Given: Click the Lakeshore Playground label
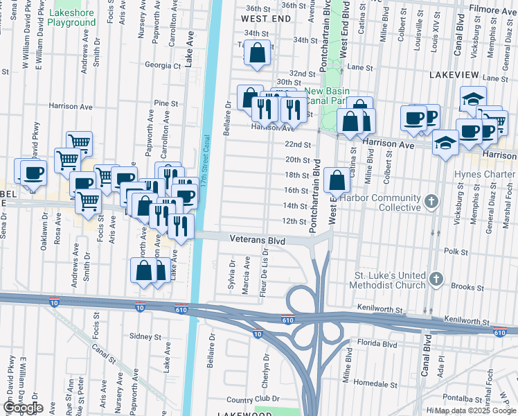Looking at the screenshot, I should click(x=73, y=17).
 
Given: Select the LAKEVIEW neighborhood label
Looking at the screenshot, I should click(x=455, y=73).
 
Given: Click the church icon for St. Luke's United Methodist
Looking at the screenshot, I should click(x=436, y=279).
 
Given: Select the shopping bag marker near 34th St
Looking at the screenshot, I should click(x=258, y=52).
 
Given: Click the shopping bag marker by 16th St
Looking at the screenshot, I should click(x=337, y=180).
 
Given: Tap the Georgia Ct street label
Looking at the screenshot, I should click(x=162, y=65).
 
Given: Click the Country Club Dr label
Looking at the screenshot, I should click(x=252, y=400).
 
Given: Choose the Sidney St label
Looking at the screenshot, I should click(x=145, y=336).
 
